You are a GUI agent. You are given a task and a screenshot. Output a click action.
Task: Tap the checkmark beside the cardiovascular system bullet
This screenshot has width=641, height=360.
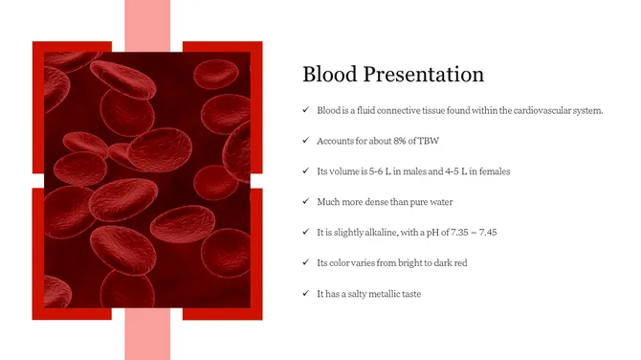(305, 110)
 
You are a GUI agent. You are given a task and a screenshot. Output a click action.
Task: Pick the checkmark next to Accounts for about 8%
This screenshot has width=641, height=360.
(305, 141)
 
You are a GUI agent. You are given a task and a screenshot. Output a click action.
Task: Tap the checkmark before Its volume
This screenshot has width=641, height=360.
(305, 171)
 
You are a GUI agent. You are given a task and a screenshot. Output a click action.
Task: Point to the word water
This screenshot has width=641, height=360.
(439, 202)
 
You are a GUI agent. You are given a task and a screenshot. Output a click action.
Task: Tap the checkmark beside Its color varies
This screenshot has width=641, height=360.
(305, 262)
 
